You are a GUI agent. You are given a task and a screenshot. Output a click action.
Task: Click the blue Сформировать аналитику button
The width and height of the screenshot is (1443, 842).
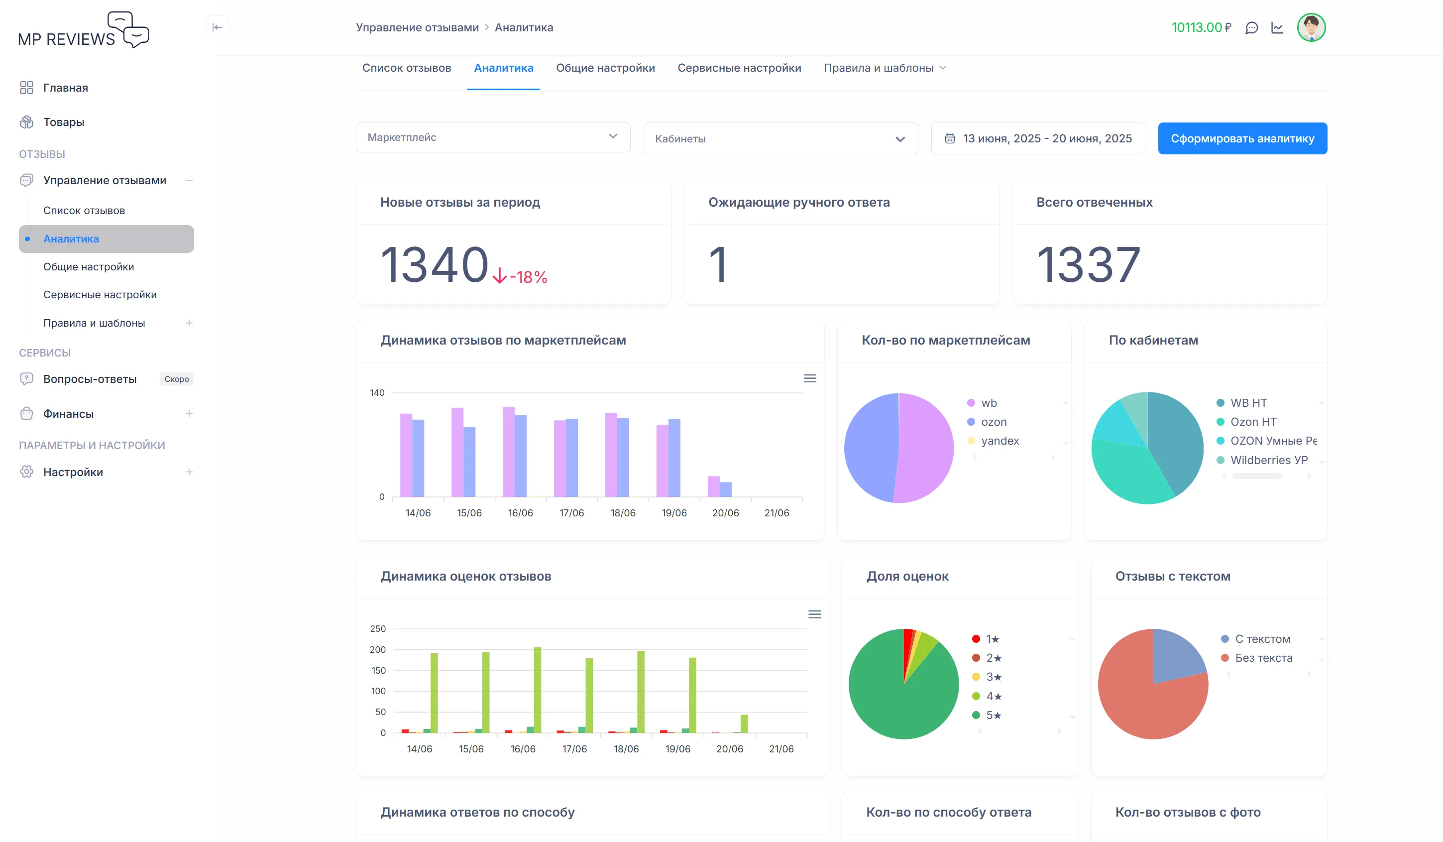tap(1242, 138)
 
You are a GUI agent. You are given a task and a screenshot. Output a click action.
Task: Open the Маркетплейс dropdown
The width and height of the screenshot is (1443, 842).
tap(492, 137)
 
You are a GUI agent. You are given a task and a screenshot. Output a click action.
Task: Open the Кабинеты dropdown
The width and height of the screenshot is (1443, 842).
tap(780, 138)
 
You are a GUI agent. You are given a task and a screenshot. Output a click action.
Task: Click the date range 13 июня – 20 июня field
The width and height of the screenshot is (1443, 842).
tap(1038, 138)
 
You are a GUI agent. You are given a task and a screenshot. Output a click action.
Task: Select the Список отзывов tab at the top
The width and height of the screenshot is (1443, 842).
tap(407, 68)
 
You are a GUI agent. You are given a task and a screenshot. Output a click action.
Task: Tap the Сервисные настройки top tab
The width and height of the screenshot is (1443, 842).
tap(739, 68)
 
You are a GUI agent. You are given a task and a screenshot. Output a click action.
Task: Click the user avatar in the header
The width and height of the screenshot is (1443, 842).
tap(1311, 27)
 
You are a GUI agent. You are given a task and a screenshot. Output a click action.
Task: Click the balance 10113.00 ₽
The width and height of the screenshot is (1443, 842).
tap(1201, 27)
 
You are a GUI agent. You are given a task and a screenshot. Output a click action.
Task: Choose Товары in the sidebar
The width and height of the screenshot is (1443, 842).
tap(64, 122)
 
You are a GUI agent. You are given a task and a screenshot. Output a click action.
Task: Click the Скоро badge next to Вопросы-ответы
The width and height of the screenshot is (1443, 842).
tap(176, 379)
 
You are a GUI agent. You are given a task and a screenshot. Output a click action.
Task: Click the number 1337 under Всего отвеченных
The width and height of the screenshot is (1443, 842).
tap(1088, 264)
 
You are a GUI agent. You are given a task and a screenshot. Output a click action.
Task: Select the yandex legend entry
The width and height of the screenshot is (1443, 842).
tap(1000, 441)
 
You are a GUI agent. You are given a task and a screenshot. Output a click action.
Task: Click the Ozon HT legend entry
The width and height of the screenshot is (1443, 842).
tap(1253, 422)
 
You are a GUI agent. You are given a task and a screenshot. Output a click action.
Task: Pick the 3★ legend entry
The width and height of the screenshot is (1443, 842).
tap(993, 677)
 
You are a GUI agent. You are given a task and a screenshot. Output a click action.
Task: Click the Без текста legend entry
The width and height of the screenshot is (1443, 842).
tap(1263, 658)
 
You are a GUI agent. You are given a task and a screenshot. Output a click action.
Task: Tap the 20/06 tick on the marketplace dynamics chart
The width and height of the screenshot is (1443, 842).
tap(725, 513)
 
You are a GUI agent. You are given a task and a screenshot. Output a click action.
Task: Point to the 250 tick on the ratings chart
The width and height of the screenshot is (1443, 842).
tap(378, 629)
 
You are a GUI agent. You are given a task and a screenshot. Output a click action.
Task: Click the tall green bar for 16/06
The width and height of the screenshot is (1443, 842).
tap(537, 690)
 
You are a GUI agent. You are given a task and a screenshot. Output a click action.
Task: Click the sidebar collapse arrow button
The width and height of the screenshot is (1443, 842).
tap(218, 27)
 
